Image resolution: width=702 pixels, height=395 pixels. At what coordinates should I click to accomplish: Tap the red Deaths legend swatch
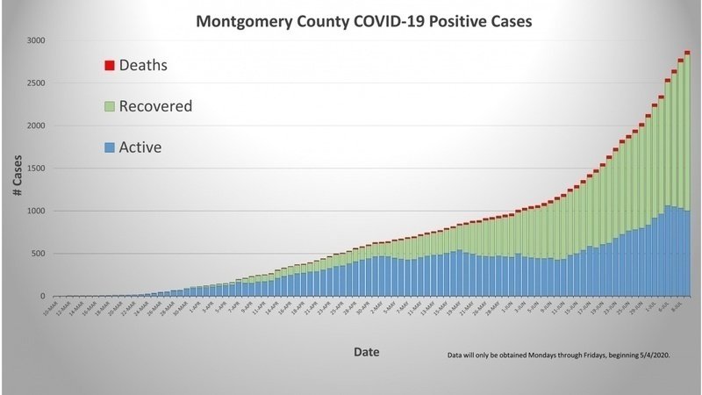click(x=110, y=66)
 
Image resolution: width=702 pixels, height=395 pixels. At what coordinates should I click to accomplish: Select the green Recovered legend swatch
click(x=110, y=106)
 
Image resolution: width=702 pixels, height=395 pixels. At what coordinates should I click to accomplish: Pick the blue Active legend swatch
click(x=110, y=147)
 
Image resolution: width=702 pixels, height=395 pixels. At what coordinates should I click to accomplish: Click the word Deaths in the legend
click(x=142, y=65)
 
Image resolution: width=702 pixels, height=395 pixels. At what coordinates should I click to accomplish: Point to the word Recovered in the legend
click(x=155, y=106)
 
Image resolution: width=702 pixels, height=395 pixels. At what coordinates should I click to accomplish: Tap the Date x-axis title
click(x=366, y=351)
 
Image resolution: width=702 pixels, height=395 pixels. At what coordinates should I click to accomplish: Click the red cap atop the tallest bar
click(x=687, y=53)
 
